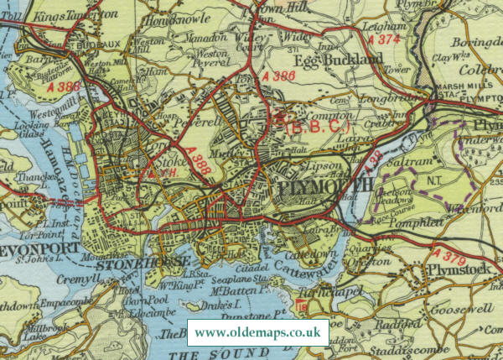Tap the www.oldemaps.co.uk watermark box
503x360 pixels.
click(257, 333)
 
